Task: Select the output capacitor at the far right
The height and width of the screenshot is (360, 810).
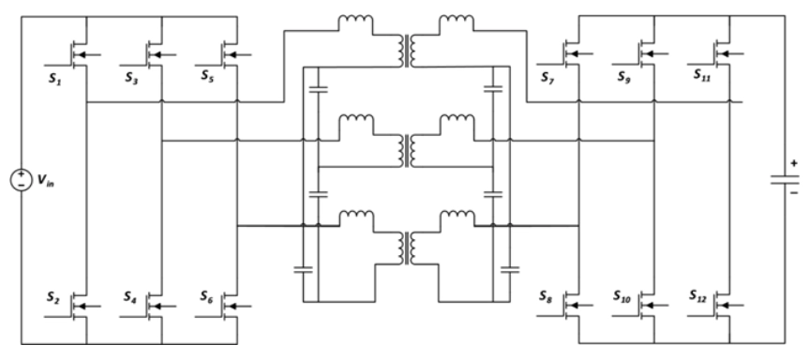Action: pos(780,181)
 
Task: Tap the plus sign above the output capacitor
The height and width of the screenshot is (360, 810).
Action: pos(795,163)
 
